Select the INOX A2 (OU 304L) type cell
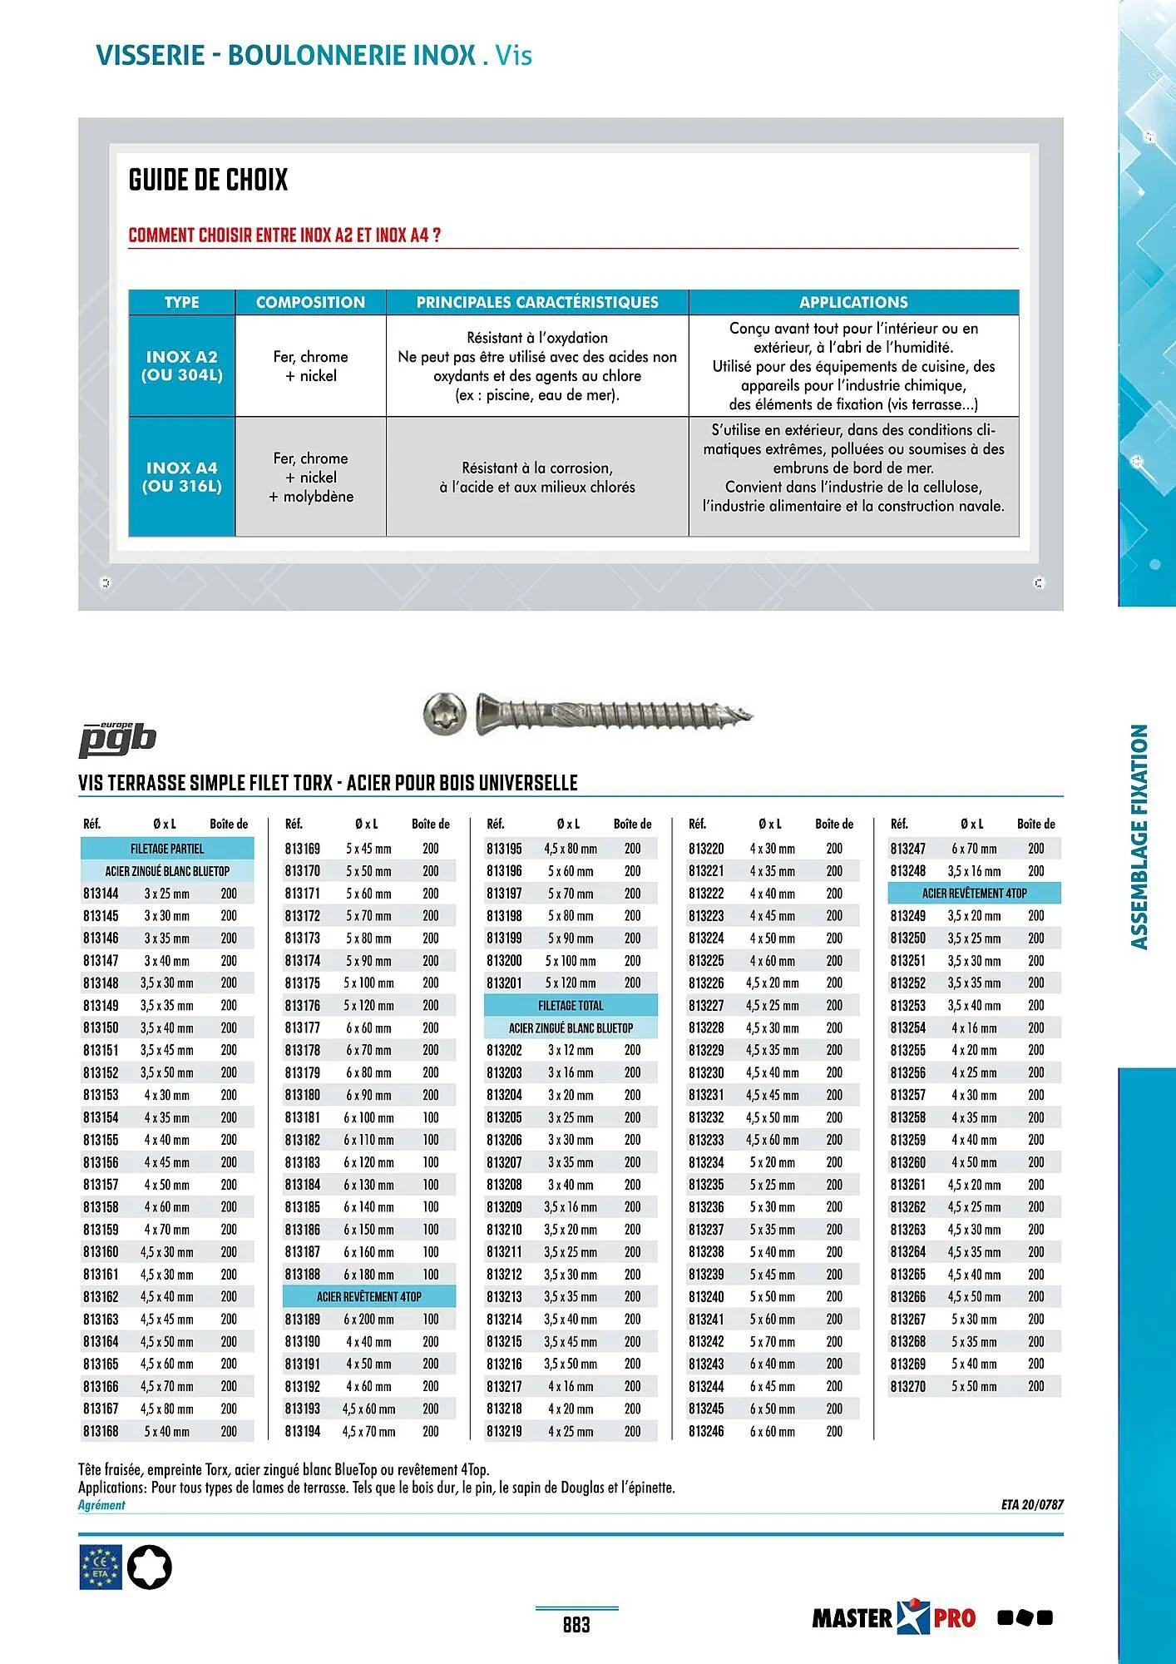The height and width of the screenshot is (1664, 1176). point(182,366)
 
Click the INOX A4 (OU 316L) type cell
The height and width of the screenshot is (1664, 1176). point(182,477)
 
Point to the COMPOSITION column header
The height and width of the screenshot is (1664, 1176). point(310,302)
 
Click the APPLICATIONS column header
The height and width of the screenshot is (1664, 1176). point(853,302)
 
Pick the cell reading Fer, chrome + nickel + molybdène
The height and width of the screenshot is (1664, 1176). point(311,478)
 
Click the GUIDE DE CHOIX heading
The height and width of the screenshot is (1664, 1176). point(209,180)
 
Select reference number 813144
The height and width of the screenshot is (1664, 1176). point(101,894)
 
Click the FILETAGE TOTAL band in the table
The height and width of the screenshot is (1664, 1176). point(571,1005)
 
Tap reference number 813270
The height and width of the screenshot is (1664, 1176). point(907,1386)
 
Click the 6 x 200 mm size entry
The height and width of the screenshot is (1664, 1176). point(369,1320)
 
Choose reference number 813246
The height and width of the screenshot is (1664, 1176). point(706,1431)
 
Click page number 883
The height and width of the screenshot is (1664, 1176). point(576,1624)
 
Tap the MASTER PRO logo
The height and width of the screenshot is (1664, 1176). point(894,1617)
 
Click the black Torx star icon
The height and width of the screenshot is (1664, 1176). point(149,1567)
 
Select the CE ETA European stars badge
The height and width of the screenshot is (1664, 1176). point(101,1567)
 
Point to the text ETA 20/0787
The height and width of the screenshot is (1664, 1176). point(1032,1504)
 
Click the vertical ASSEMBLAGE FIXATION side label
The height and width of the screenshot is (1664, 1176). point(1139,837)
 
